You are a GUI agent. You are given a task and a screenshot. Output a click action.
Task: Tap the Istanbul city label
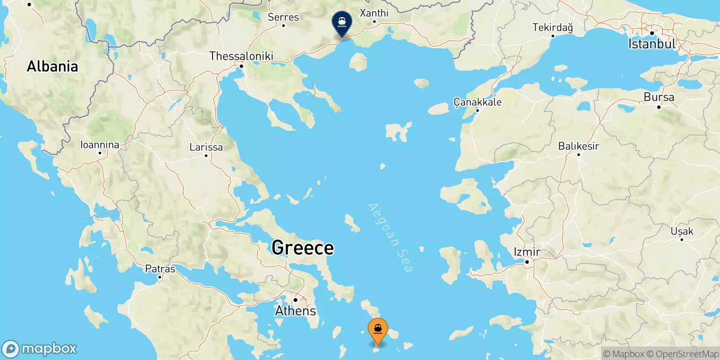(x=652, y=44)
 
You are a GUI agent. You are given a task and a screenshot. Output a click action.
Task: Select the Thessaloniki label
(x=241, y=56)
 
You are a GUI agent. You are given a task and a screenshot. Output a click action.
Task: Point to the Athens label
(x=296, y=310)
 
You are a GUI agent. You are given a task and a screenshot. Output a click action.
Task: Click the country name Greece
(x=303, y=248)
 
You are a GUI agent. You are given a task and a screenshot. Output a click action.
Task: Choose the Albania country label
(x=52, y=67)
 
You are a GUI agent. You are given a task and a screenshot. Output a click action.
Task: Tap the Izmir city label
(x=527, y=252)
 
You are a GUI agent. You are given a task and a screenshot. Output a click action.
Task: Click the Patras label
(x=160, y=269)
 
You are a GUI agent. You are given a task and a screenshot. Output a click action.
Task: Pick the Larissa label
(x=206, y=147)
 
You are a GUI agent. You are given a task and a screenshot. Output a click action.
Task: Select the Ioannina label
(x=100, y=145)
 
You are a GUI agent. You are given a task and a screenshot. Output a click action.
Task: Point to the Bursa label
(x=659, y=97)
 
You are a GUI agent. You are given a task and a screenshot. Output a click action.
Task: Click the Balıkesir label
(x=579, y=146)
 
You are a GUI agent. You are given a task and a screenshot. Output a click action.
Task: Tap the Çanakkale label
(x=477, y=102)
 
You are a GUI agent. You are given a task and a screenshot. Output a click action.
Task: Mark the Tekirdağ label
(x=553, y=27)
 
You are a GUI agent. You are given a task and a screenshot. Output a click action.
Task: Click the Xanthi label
(x=374, y=13)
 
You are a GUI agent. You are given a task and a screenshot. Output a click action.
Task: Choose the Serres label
(x=283, y=17)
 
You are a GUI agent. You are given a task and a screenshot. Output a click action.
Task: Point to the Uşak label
(x=682, y=231)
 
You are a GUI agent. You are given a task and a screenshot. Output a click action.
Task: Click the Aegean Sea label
(x=390, y=238)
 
